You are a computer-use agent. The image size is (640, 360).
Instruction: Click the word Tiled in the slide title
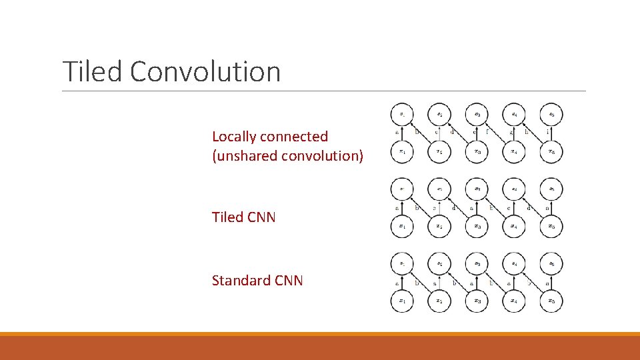point(93,71)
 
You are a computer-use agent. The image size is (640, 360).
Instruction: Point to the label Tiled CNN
point(243,217)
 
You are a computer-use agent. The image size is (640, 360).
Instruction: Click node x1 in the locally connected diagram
point(401,152)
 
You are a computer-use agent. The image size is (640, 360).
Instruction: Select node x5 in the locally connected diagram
point(551,152)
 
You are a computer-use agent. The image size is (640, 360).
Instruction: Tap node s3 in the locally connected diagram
point(477,115)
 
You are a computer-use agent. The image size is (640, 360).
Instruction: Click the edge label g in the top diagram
point(510,133)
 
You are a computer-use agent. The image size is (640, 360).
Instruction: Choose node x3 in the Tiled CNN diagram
point(477,227)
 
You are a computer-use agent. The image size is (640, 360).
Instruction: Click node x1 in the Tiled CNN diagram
point(401,227)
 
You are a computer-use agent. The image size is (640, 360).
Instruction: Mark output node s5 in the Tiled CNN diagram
point(551,189)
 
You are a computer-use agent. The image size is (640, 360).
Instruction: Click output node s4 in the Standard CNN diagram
point(514,263)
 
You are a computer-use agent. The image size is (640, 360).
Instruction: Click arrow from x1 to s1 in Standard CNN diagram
point(401,282)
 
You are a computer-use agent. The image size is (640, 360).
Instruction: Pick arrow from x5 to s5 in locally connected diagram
point(551,133)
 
